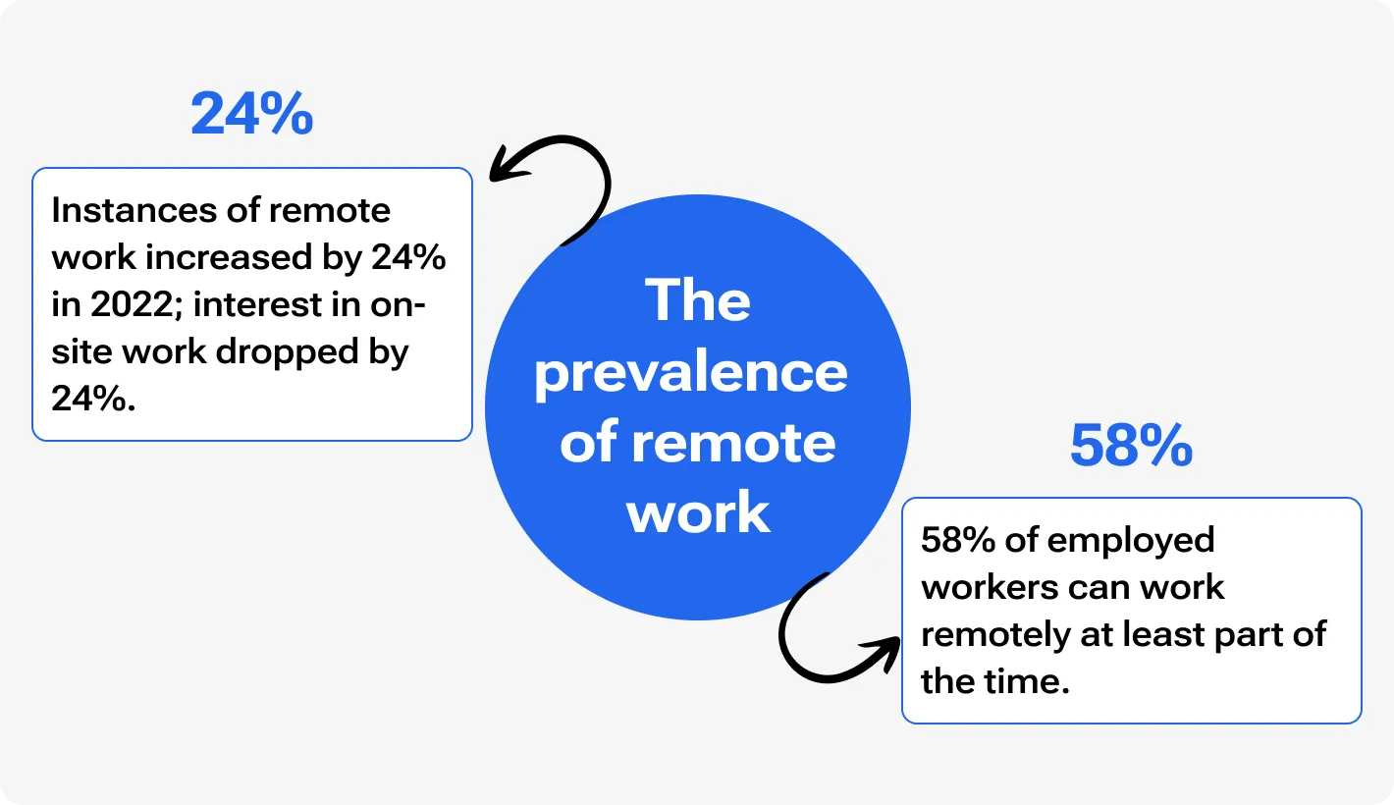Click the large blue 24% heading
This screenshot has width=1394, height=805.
(252, 115)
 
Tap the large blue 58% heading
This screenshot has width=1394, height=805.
(1131, 447)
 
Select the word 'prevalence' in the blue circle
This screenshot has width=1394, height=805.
(691, 373)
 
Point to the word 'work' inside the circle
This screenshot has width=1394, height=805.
(699, 511)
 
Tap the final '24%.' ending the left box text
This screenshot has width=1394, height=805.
(92, 400)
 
